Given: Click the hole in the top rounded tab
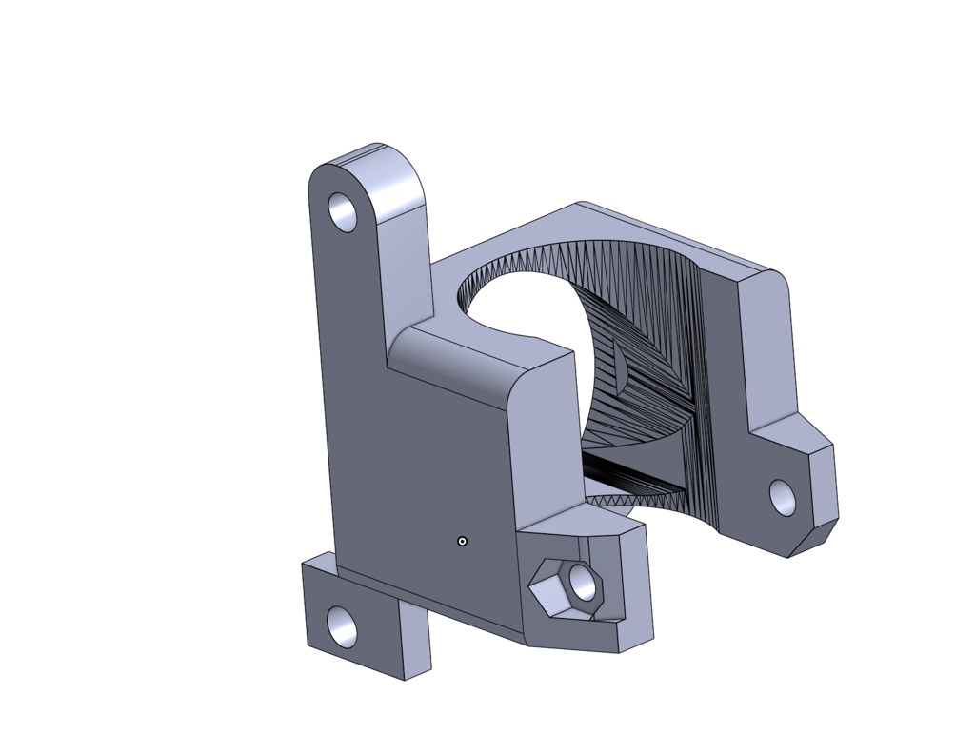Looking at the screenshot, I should pyautogui.click(x=343, y=211).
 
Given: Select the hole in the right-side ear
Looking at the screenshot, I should pyautogui.click(x=783, y=497).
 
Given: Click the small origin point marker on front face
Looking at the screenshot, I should pyautogui.click(x=463, y=541).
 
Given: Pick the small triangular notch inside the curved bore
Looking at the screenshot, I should pyautogui.click(x=620, y=367).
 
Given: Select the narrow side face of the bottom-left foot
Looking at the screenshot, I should pyautogui.click(x=415, y=638).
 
